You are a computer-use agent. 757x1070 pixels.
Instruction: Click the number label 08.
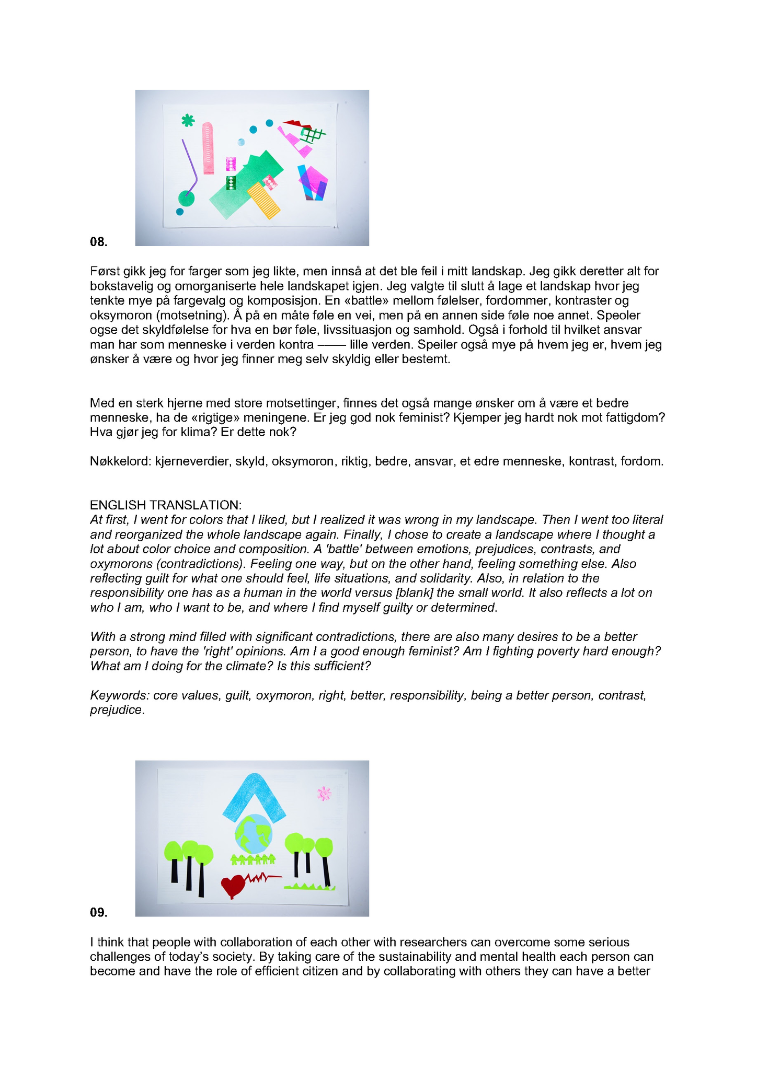click(98, 242)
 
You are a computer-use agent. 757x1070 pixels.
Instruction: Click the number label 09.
click(98, 912)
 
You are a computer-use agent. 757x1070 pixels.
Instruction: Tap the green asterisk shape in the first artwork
click(188, 121)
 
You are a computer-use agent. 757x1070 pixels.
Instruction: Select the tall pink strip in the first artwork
click(208, 148)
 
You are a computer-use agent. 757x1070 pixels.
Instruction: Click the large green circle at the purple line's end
click(186, 199)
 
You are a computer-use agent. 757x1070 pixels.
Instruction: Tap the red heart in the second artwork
click(233, 885)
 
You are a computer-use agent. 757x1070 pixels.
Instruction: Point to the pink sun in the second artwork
click(324, 794)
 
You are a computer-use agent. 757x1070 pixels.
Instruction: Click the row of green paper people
click(253, 859)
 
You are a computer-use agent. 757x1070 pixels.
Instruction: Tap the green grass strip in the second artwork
click(309, 886)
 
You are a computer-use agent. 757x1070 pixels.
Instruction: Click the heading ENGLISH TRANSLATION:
click(166, 505)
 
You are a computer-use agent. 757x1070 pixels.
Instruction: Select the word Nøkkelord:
click(121, 461)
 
